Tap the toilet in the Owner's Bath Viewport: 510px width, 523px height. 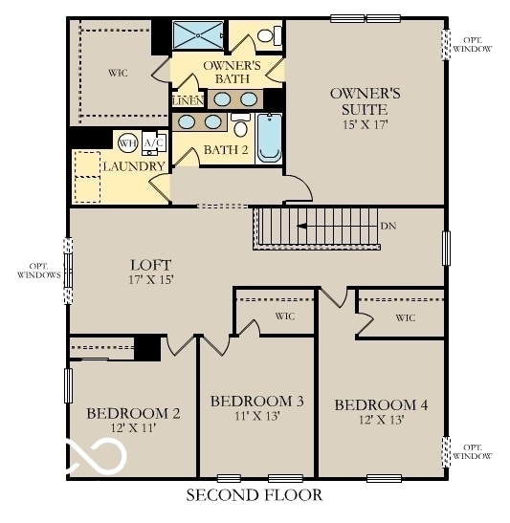(272, 36)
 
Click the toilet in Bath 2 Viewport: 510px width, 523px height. (240, 128)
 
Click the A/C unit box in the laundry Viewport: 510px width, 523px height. (152, 143)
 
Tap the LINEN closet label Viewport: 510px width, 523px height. (187, 99)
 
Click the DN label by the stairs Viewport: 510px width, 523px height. (388, 227)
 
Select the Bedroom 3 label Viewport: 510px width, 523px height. (256, 401)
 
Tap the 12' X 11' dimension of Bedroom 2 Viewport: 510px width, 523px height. (133, 428)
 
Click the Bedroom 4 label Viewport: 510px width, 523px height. (381, 404)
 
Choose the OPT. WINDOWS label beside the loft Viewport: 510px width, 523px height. (38, 270)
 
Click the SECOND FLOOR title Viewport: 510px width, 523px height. (254, 494)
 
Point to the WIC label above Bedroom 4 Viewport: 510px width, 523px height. (405, 317)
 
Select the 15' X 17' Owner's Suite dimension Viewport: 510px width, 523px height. (365, 123)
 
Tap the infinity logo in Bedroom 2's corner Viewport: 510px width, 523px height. (96, 456)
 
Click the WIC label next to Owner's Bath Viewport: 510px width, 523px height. (119, 72)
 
